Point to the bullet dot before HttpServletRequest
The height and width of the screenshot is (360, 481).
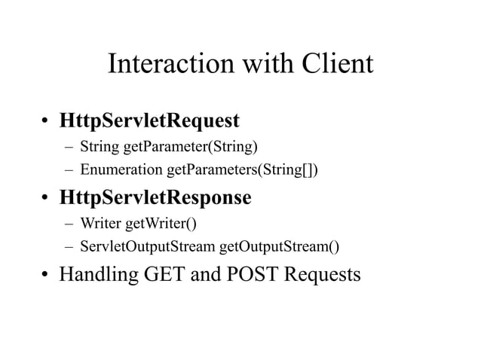point(46,121)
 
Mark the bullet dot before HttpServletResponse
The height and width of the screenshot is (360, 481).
point(46,199)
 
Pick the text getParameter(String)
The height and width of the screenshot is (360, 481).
point(172,145)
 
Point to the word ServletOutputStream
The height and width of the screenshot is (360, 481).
point(148,248)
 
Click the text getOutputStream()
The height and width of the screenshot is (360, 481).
point(280,248)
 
